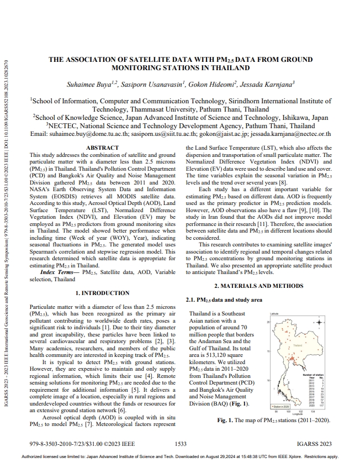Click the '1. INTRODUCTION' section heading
coord(102,293)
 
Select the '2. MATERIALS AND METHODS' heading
coord(258,286)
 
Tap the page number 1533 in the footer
coord(180,444)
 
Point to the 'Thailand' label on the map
coord(298,345)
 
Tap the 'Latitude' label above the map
coord(274,313)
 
